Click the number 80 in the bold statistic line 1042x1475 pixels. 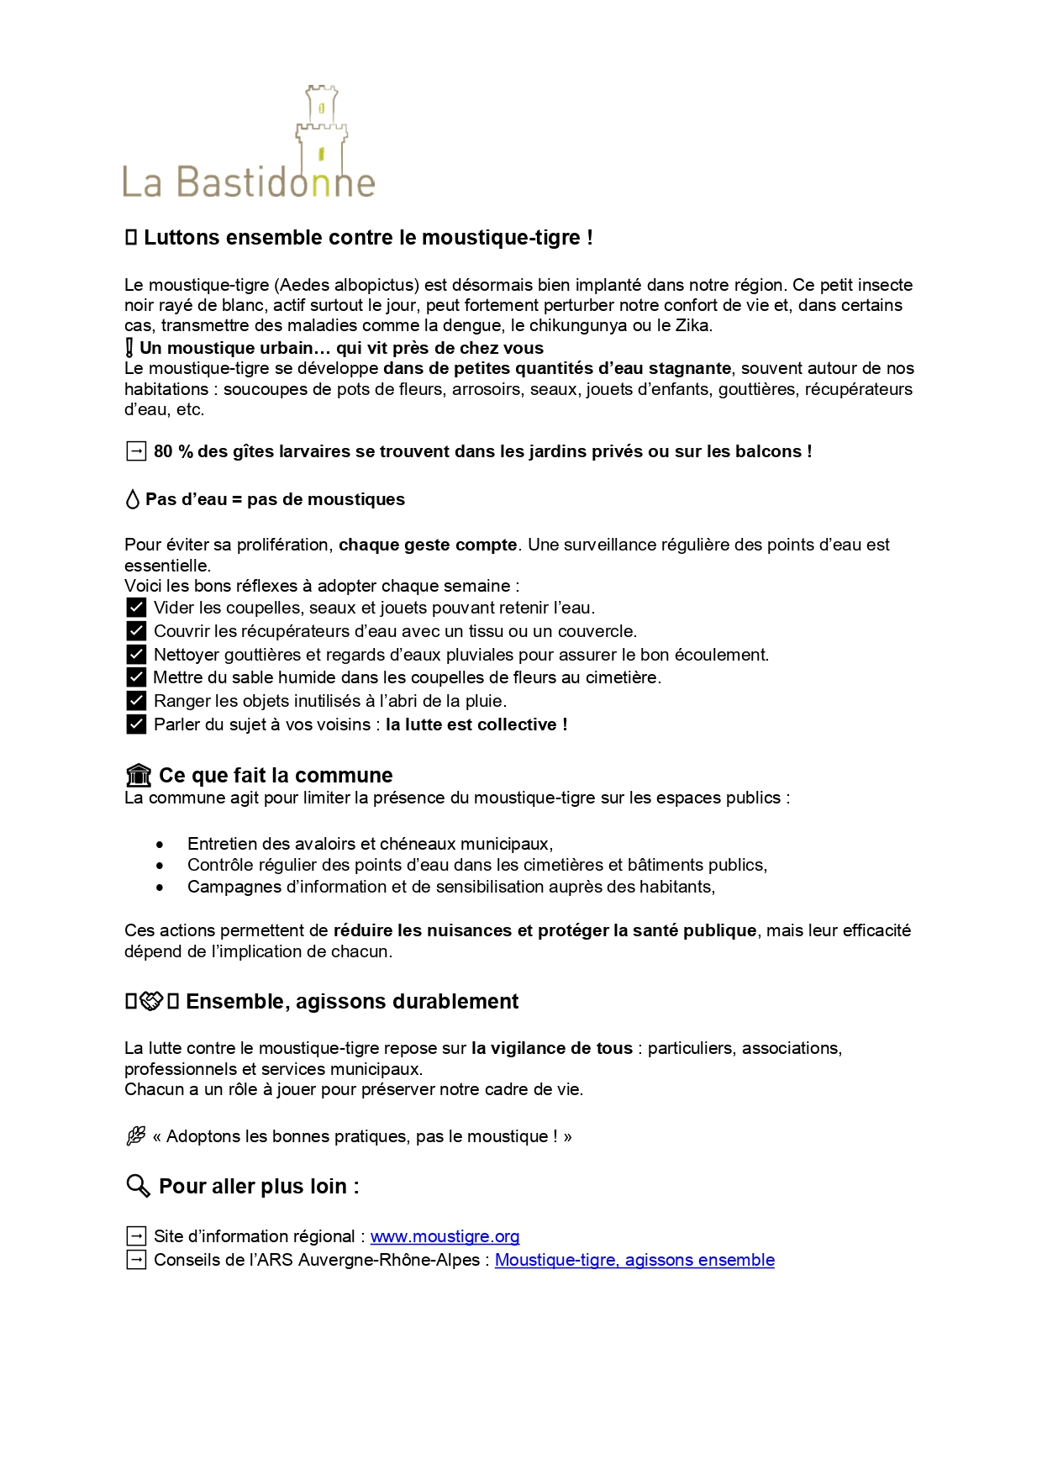[163, 451]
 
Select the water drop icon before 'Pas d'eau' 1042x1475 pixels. [132, 499]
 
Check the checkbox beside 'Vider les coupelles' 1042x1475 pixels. [136, 607]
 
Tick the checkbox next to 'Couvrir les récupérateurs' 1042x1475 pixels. [136, 630]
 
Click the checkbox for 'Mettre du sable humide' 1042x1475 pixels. [136, 677]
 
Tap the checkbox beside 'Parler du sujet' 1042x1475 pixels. [136, 724]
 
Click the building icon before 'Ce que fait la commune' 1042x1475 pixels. [138, 775]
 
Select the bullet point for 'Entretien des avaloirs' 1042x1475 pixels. [160, 844]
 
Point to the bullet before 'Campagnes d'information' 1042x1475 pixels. [160, 887]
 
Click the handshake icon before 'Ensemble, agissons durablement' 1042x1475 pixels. [151, 1001]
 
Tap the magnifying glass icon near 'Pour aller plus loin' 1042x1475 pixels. [138, 1186]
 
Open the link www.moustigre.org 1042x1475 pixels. [445, 1236]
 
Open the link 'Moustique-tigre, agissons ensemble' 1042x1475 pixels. [634, 1260]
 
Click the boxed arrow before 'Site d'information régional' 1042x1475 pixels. [135, 1236]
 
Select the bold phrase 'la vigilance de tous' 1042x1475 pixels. [551, 1048]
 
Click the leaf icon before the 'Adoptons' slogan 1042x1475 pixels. [135, 1136]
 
